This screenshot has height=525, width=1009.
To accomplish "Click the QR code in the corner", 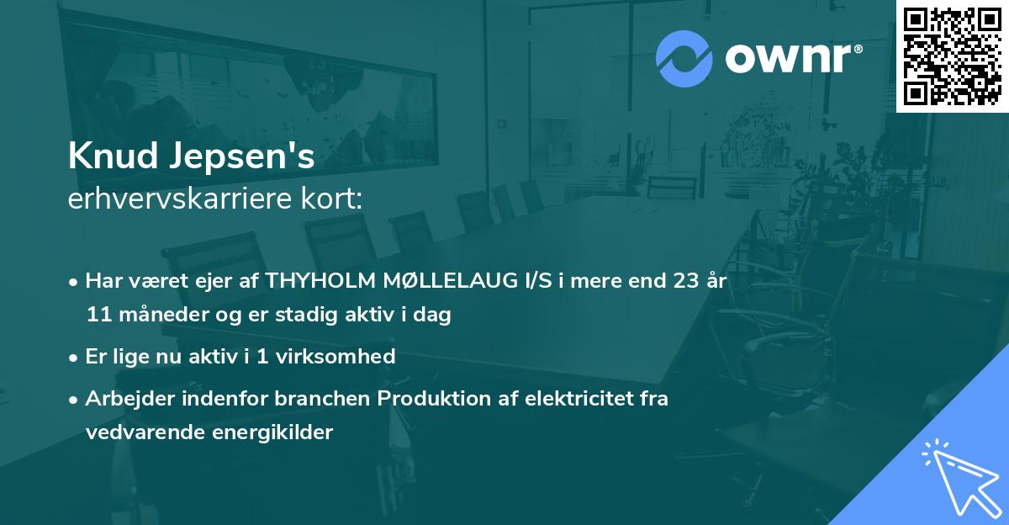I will coord(952,56).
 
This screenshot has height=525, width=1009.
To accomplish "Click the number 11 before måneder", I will coord(98,316).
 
